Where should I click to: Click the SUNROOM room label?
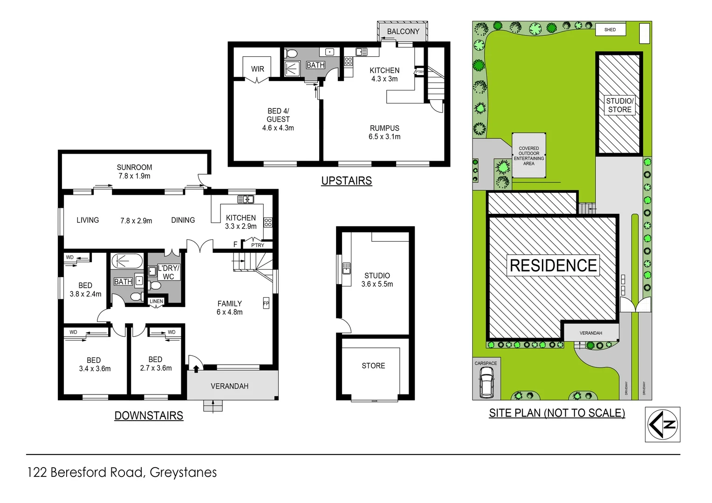(x=134, y=168)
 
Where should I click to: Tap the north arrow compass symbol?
(x=662, y=424)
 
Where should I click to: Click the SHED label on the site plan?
(x=610, y=30)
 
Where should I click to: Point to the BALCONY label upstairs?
(x=403, y=32)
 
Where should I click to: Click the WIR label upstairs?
(x=257, y=69)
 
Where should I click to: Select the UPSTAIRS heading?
(x=346, y=181)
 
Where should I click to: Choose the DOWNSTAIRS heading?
(x=149, y=415)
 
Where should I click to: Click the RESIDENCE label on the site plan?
(x=553, y=265)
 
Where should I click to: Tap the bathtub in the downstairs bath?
(x=127, y=261)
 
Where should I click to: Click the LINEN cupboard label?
(x=156, y=301)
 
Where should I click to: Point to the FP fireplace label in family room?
(x=266, y=303)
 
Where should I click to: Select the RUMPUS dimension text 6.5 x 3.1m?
(x=384, y=137)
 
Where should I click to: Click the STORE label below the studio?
(x=373, y=366)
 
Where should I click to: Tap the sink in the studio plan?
(x=346, y=268)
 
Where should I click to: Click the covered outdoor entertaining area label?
(x=528, y=156)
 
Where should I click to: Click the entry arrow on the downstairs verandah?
(x=196, y=369)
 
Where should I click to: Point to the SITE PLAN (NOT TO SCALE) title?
(x=557, y=413)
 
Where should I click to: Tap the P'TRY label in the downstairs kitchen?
(x=257, y=245)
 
